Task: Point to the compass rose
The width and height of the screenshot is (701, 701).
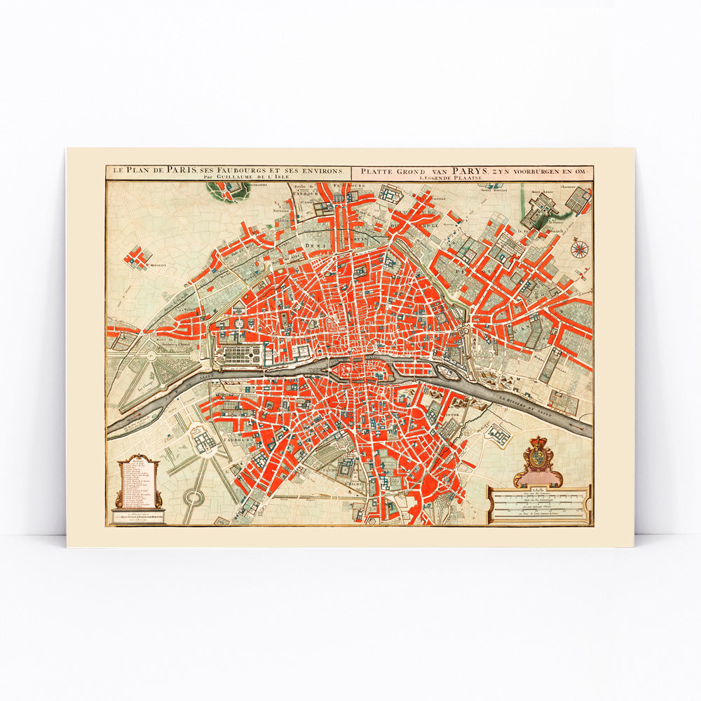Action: [579, 247]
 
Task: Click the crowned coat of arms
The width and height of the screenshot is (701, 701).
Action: [538, 460]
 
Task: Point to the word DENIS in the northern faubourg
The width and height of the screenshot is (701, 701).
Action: [315, 245]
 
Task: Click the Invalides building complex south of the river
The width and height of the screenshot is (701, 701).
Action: [204, 441]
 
